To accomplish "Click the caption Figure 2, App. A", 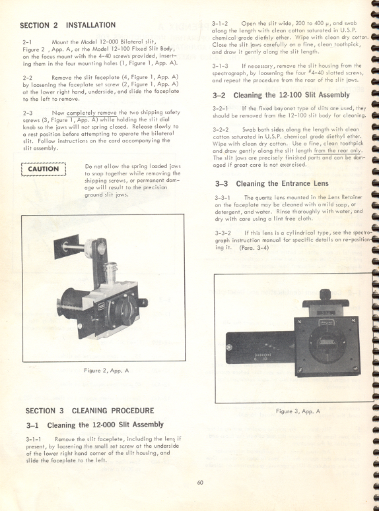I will coord(106,371).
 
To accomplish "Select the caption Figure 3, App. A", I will coord(297,411).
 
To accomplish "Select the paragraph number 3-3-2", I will coord(222,233).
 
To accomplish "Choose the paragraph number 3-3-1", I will coord(222,197).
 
